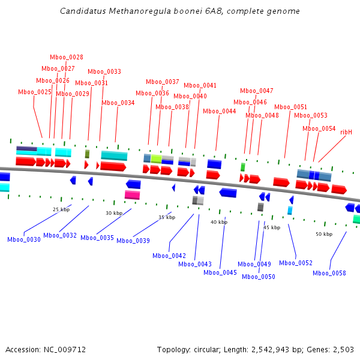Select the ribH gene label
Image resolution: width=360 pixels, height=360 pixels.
coord(346,132)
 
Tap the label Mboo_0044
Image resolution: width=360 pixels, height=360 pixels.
coord(220,111)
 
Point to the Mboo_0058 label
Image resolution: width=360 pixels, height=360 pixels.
coord(329,273)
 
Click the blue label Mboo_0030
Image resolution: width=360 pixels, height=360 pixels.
coord(24,239)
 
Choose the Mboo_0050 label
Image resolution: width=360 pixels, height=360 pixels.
coord(259,277)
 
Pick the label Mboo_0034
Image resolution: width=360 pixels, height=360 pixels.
coord(118,103)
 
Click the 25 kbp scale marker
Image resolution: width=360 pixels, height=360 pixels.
coord(61,209)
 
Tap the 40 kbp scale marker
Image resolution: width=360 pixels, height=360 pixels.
coord(219,222)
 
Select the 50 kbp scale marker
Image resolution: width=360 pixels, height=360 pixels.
coord(324,234)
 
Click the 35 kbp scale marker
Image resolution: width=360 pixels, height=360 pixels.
coord(167,217)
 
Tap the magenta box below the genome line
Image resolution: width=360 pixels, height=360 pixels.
coord(132,194)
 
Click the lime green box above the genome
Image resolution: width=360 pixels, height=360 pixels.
coord(156,158)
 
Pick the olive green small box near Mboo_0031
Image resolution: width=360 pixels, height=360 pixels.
coord(87,154)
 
